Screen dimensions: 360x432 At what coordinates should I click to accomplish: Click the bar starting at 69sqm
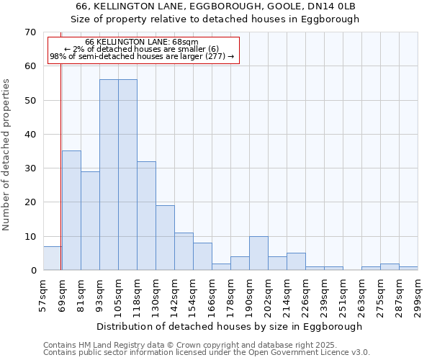[x=71, y=210]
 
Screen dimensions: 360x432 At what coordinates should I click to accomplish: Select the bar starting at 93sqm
[x=109, y=175]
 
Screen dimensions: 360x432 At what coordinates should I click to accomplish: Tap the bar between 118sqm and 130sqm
[x=146, y=216]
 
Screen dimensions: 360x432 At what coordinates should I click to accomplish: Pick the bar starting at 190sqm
[x=258, y=253]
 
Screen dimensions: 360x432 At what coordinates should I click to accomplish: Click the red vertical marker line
[x=61, y=166]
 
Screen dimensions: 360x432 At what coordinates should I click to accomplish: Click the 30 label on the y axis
[x=30, y=168]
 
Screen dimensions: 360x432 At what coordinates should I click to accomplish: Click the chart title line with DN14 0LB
[x=216, y=6]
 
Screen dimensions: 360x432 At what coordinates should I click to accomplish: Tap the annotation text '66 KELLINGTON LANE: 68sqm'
[x=141, y=42]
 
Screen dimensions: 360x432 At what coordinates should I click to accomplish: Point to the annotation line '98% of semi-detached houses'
[x=142, y=56]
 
